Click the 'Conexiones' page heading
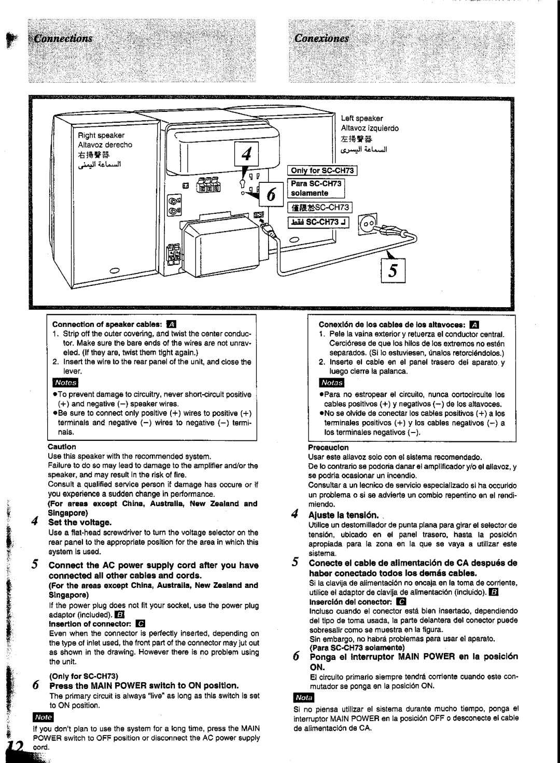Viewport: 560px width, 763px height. (x=321, y=38)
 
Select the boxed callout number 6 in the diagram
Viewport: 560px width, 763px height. (x=271, y=194)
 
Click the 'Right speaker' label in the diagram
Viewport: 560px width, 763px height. (x=102, y=135)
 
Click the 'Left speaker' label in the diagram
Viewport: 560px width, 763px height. (x=361, y=119)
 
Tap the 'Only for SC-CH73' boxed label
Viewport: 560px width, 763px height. (x=321, y=170)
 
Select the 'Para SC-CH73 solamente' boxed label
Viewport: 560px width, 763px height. (x=317, y=189)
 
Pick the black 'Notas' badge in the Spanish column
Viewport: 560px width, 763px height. (x=331, y=383)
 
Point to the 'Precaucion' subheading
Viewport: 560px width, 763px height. (x=328, y=447)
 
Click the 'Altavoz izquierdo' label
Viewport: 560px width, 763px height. (x=370, y=128)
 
